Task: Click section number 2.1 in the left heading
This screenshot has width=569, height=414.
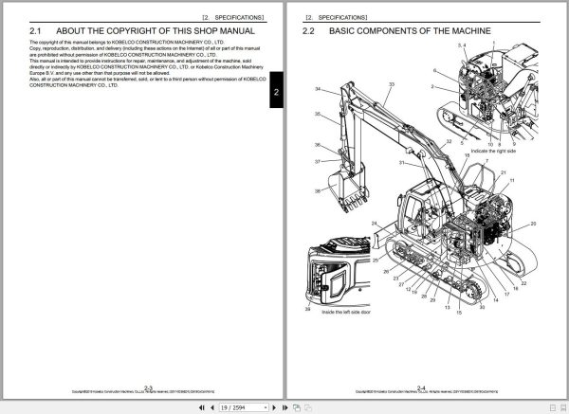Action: click(x=37, y=31)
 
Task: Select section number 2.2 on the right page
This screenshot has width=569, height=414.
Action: click(x=308, y=31)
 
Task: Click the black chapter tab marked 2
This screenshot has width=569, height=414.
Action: click(x=276, y=92)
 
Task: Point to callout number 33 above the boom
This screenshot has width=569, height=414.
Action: click(x=391, y=84)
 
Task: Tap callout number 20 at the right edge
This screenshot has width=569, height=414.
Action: click(x=533, y=224)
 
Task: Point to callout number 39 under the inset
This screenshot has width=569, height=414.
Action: click(x=307, y=310)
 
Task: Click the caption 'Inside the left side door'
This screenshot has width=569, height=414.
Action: click(x=347, y=311)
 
